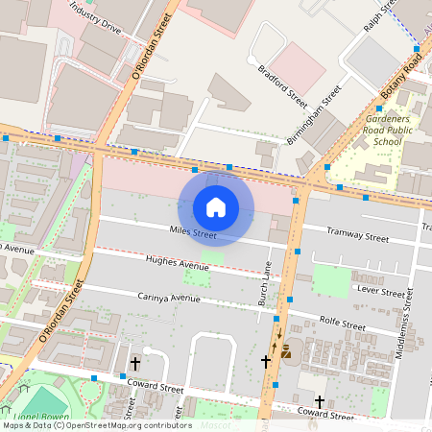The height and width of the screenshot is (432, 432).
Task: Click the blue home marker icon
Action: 216,206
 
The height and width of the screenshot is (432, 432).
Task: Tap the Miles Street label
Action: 193,232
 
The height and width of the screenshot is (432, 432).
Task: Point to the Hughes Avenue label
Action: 177,263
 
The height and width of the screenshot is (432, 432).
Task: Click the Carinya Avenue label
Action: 168,298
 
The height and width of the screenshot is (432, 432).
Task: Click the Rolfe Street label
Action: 343,326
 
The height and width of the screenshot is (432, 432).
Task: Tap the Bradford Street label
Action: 282,85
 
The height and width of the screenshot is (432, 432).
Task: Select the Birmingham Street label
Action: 314,115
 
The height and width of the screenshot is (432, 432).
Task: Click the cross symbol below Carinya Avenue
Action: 135,364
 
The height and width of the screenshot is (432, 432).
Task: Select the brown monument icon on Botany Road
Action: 285,352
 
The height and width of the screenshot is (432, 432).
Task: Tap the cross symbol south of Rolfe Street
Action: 320,402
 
